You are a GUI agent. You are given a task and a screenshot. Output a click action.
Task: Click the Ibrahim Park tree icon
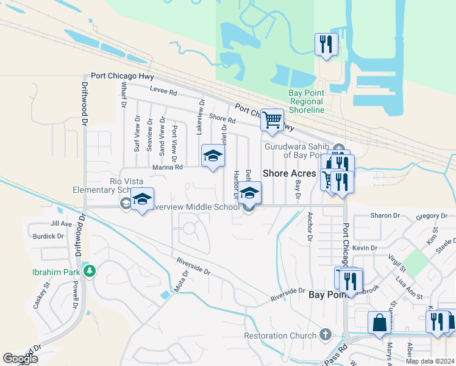pyautogui.click(x=90, y=270)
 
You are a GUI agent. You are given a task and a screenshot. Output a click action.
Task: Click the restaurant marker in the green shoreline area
pyautogui.click(x=326, y=44)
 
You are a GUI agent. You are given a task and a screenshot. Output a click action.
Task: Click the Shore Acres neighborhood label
pyautogui.click(x=289, y=173)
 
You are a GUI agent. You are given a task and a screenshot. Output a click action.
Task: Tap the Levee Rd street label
pyautogui.click(x=164, y=93)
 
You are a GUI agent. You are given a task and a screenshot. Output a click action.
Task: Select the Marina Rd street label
pyautogui.click(x=167, y=167)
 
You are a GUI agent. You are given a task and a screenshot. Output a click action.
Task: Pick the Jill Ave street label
pyautogui.click(x=62, y=224)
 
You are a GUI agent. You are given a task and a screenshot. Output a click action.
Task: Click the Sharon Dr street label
pyautogui.click(x=385, y=216)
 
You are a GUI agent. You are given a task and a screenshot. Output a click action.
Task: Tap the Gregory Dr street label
pyautogui.click(x=432, y=216)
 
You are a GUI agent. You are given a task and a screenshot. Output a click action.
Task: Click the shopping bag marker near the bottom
pyautogui.click(x=379, y=323)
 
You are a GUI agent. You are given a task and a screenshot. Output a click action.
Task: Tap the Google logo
pyautogui.click(x=20, y=359)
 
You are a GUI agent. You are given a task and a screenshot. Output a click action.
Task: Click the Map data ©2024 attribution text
pyautogui.click(x=430, y=361)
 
